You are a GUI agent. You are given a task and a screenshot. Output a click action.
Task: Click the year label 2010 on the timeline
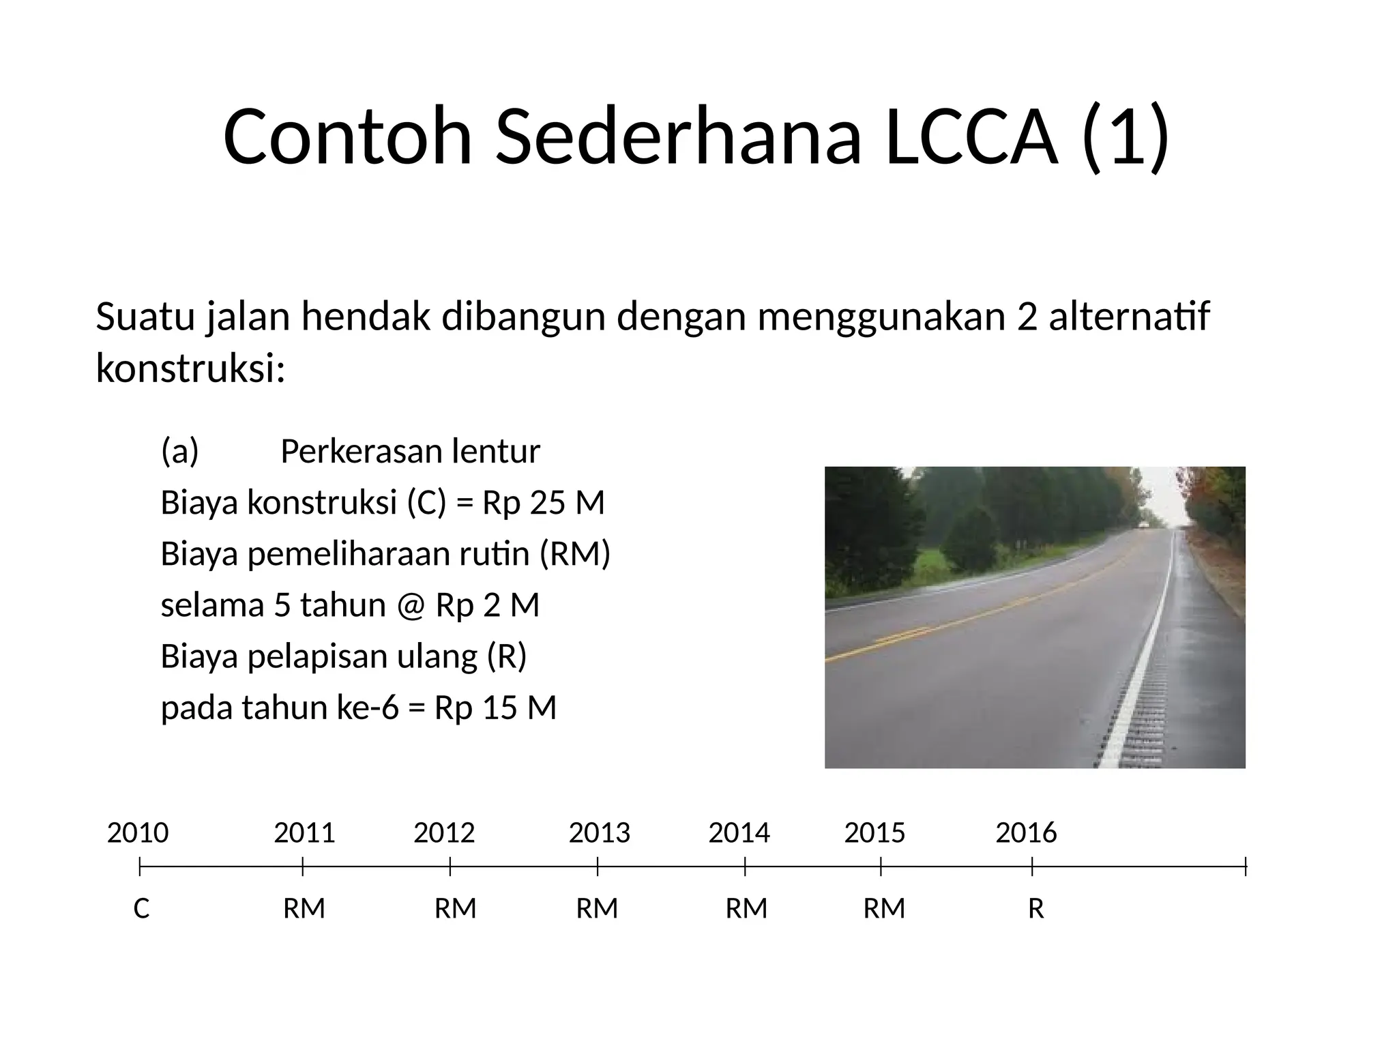(138, 833)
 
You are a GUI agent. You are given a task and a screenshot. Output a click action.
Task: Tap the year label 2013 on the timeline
(600, 833)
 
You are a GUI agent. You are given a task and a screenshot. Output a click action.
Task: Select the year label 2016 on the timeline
(1026, 833)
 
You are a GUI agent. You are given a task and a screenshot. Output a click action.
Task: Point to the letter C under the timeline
(141, 909)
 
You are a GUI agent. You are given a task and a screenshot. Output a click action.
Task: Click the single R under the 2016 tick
(1035, 909)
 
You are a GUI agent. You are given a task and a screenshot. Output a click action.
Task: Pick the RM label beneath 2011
(304, 909)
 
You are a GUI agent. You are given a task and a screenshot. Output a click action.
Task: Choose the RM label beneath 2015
(884, 909)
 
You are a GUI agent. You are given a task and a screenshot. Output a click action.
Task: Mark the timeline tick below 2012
(450, 867)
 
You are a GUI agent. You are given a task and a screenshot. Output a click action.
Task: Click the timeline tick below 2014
(745, 867)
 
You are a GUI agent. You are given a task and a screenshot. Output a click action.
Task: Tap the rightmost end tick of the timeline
(1246, 867)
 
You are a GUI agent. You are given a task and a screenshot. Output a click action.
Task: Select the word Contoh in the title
(347, 136)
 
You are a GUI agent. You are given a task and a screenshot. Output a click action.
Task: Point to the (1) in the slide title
(1126, 136)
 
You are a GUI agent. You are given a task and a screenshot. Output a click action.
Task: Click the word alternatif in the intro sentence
(1129, 317)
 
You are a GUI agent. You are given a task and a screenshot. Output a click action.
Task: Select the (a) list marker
(179, 451)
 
